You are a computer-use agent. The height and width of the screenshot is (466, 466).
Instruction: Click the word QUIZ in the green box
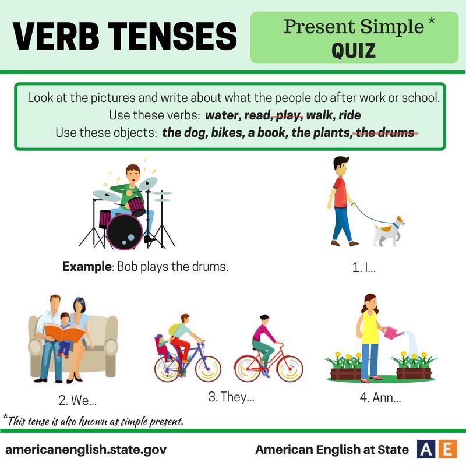coord(354,51)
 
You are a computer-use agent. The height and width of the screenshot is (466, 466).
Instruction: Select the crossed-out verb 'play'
coord(288,115)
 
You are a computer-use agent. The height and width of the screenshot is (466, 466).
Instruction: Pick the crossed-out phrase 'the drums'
coord(387,132)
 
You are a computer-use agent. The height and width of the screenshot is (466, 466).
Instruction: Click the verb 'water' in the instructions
coord(224,115)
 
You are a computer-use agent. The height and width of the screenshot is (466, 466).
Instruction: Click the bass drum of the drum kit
coord(124,229)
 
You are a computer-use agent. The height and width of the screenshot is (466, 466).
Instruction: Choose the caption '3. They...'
coord(231,398)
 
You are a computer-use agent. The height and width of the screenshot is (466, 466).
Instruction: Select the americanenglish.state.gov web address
coord(86,450)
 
